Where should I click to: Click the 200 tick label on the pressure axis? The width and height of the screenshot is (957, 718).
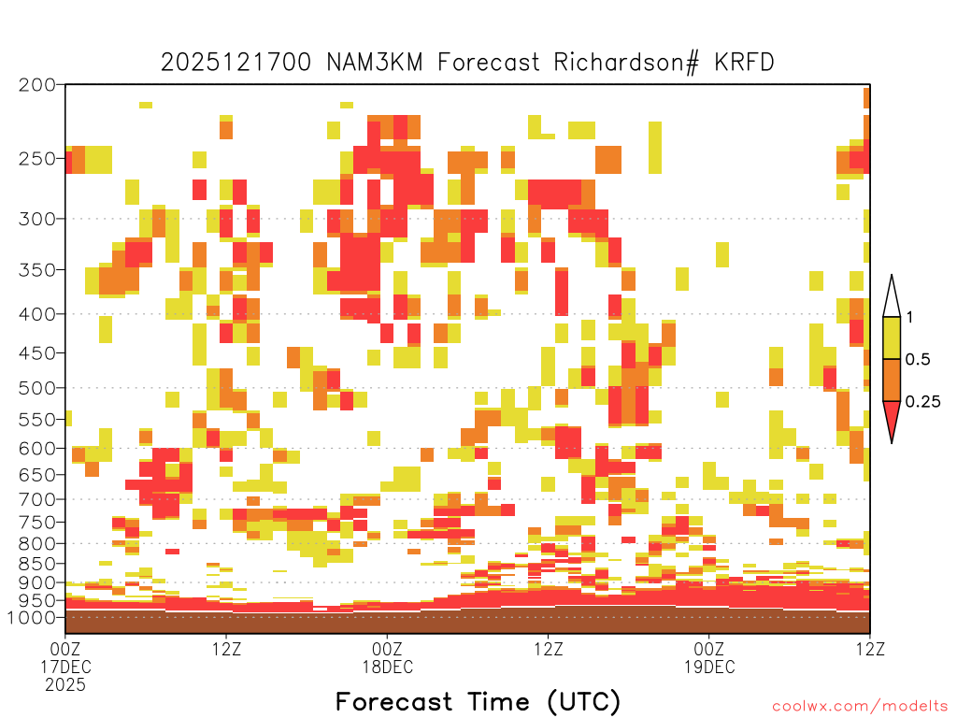tap(37, 85)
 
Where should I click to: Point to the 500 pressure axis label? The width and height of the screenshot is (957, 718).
tap(37, 388)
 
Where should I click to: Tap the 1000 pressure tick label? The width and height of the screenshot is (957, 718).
tap(33, 617)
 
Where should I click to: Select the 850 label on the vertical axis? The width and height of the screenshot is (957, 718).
tap(37, 563)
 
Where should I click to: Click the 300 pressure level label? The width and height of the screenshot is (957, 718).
tap(37, 219)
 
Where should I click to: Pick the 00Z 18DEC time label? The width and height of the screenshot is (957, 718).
tap(388, 657)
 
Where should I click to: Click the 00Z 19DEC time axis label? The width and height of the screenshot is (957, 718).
tap(709, 657)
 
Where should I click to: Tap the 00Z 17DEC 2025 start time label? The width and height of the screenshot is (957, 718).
tap(65, 667)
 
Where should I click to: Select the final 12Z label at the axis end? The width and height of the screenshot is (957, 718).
tap(870, 649)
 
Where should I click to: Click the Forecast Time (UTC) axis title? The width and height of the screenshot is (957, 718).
tap(478, 701)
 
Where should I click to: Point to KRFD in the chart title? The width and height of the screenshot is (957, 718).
tap(744, 63)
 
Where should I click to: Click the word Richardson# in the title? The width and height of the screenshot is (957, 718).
tap(626, 63)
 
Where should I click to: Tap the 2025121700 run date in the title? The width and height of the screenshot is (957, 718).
tap(236, 63)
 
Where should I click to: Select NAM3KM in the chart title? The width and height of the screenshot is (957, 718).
tap(375, 63)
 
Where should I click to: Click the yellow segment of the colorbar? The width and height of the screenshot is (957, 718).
tap(892, 337)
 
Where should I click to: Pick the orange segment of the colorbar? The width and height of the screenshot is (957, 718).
tap(892, 380)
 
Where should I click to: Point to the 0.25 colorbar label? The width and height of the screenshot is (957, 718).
tap(922, 402)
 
